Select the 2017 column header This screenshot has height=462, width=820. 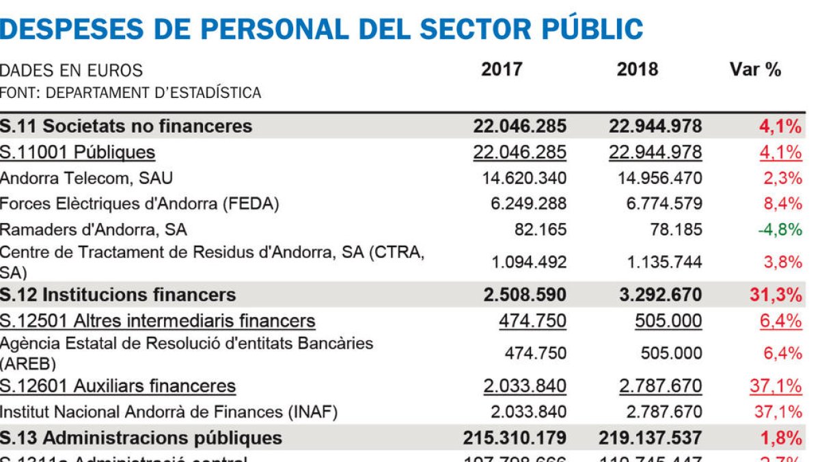(x=502, y=70)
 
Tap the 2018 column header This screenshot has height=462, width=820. (x=638, y=70)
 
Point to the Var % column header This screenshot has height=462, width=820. (x=755, y=70)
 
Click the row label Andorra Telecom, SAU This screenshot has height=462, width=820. (x=86, y=178)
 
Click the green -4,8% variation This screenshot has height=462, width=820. (x=780, y=229)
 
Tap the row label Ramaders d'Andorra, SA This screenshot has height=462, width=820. (x=93, y=229)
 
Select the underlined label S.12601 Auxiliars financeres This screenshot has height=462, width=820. (x=118, y=386)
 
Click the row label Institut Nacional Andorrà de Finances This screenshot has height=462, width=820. (x=168, y=412)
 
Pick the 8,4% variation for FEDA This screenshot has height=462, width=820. (x=783, y=203)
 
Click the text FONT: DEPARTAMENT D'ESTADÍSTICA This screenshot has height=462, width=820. (x=130, y=92)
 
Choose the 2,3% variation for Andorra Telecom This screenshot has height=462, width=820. (x=783, y=178)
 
